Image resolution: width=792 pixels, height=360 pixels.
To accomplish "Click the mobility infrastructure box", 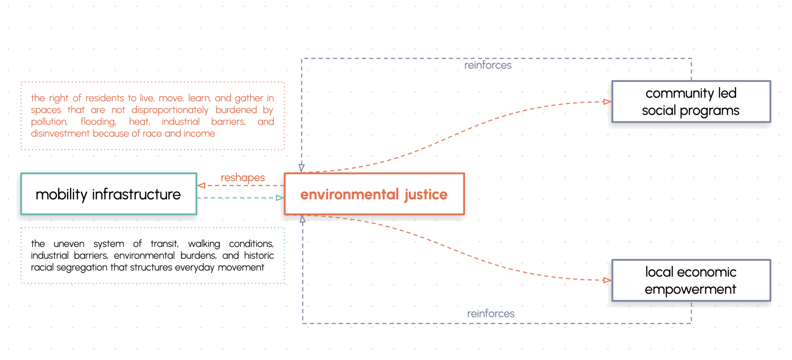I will tap(108, 194).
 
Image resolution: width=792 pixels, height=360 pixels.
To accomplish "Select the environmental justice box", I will tap(374, 194).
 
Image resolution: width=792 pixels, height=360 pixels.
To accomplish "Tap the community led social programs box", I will tap(691, 102).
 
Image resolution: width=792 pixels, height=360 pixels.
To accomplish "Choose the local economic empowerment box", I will tap(691, 280).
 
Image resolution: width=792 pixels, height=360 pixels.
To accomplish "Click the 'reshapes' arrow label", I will tap(243, 177).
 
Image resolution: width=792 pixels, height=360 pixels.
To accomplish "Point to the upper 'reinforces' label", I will tap(488, 65).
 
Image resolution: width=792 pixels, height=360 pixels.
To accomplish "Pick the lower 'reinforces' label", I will tap(490, 313).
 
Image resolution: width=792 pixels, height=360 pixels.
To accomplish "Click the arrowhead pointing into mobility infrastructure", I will tap(201, 185).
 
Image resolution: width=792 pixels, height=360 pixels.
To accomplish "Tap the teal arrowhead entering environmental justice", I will tap(280, 198).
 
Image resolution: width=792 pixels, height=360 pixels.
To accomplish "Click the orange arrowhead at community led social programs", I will tap(607, 102).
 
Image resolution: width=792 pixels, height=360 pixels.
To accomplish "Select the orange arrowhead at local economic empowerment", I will tap(607, 280).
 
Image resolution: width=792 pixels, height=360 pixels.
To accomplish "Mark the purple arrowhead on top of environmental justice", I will tap(302, 168).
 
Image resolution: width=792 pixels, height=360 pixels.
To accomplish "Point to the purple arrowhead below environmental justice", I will tap(303, 219).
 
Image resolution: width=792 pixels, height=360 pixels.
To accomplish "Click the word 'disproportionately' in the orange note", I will tap(170, 110).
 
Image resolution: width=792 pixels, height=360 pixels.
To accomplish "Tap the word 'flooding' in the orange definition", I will tap(98, 122).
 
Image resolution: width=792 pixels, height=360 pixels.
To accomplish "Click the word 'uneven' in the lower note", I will tap(69, 244).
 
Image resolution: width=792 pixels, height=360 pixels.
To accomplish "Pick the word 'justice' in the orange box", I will tap(426, 194).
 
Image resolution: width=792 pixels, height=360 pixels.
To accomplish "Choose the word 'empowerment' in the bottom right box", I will tap(690, 289).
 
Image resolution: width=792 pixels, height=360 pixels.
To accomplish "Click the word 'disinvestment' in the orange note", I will tap(60, 133).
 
